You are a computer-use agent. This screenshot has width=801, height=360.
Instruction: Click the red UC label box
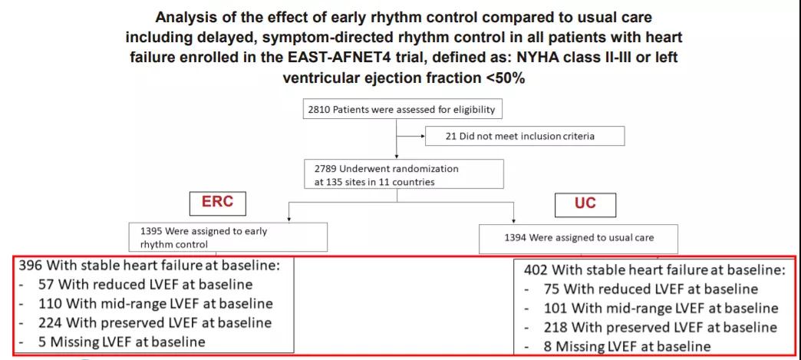coord(585,204)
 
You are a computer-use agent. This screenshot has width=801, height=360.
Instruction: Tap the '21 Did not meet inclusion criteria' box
coord(525,136)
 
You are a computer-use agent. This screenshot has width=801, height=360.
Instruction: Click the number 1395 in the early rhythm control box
coord(151,231)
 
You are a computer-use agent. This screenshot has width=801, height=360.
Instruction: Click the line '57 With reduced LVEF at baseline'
coord(145,285)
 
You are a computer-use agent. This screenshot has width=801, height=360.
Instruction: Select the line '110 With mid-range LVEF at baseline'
coord(155,304)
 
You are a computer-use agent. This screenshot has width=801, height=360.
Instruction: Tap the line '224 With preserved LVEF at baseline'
coord(155,322)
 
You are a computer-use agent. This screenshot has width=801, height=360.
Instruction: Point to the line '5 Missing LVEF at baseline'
coord(121,342)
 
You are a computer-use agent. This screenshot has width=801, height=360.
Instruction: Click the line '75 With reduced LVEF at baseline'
coord(651,289)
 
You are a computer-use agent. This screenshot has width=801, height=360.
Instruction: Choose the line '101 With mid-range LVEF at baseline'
coord(661,308)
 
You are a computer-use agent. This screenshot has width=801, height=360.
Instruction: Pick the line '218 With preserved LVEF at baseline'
coord(661,327)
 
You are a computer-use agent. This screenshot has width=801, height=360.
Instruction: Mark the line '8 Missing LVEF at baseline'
coord(628,346)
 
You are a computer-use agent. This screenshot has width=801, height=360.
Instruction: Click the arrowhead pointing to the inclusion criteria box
coord(422,137)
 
